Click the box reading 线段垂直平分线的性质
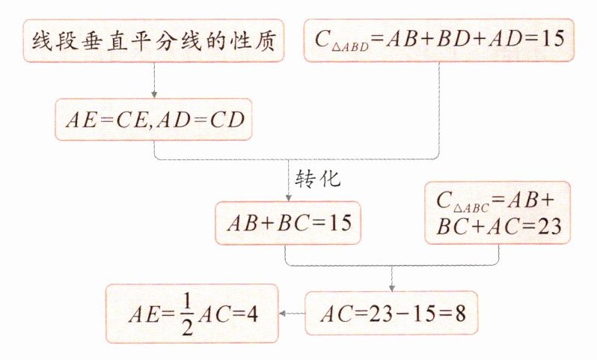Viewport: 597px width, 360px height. coord(153,40)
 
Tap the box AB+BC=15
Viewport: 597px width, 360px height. coord(287,223)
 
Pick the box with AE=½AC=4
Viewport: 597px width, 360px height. coord(191,314)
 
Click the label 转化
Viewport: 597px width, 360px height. coord(318,180)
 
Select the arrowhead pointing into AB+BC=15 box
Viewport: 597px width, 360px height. coord(287,198)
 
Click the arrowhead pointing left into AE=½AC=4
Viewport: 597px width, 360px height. coord(283,314)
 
